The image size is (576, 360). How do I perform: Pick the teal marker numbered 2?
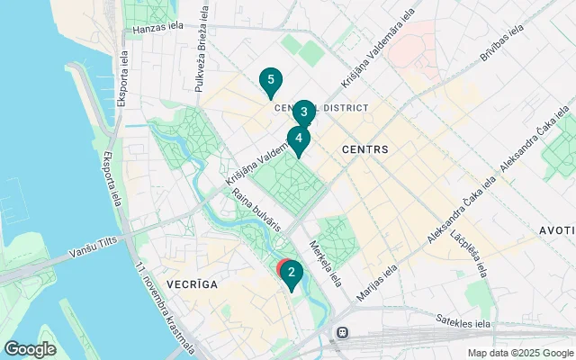coord(291,272)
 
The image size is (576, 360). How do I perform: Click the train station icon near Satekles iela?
coord(342,333)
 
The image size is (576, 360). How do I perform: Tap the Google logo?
coord(31,348)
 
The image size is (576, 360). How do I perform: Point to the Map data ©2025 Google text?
coord(519,353)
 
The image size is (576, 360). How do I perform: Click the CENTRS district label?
coord(364,148)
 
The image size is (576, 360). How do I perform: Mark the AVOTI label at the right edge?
coord(557,230)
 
